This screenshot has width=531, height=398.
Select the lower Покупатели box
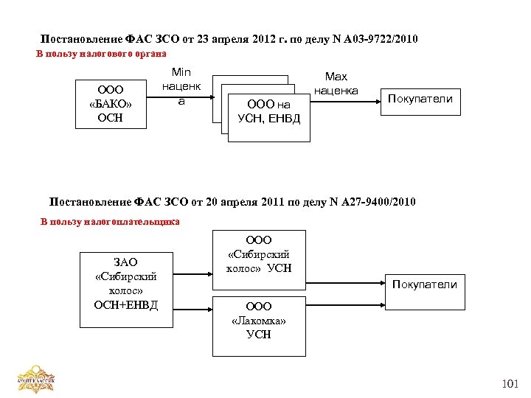coord(424,284)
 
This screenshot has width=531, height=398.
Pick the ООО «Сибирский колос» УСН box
coord(258,254)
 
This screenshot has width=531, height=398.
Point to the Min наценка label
coord(181,86)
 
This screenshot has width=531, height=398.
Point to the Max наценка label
coord(336,83)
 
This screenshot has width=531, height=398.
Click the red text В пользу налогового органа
coord(101,54)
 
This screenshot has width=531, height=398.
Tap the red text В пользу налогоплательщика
coord(110,221)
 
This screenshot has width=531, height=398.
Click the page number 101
coord(510,383)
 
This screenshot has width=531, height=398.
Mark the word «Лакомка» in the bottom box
coord(258,321)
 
